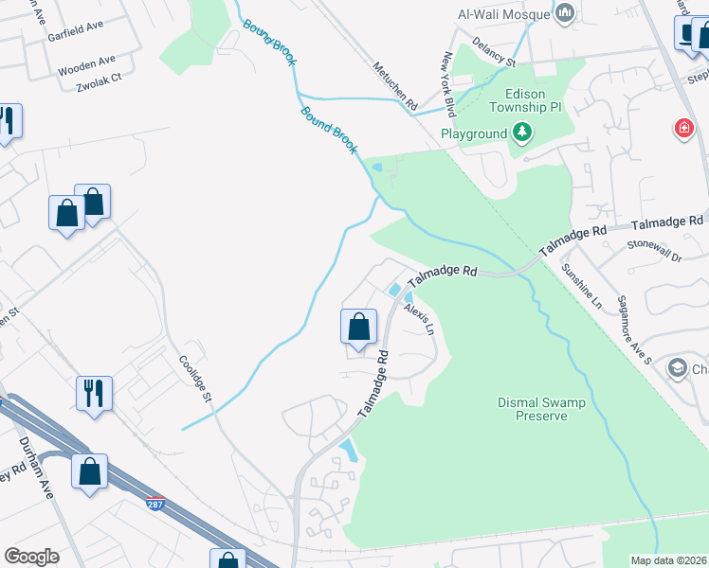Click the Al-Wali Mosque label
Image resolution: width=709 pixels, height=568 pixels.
pos(503,12)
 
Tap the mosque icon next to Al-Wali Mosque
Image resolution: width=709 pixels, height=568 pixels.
pos(566,12)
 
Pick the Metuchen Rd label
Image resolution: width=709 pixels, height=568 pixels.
pos(394,87)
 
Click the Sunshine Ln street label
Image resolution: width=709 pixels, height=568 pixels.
pos(581,289)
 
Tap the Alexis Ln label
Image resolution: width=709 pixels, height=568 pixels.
pos(418,320)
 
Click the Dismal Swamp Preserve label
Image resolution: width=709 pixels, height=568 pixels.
pos(541,409)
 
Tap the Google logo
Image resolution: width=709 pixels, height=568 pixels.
pos(31,556)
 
